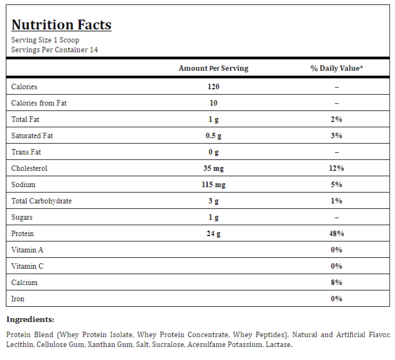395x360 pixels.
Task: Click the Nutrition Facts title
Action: [x=61, y=25]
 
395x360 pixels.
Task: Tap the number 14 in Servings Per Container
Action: [x=94, y=50]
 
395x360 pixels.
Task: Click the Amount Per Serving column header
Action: [x=214, y=68]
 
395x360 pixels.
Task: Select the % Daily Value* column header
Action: [x=337, y=68]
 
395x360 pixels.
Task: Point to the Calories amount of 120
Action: [x=214, y=86]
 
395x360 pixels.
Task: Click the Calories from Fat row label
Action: [x=39, y=103]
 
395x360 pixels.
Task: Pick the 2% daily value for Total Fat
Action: [x=337, y=119]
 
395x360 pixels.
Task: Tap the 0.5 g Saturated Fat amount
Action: [x=214, y=136]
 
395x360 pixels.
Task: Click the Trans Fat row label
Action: [x=26, y=152]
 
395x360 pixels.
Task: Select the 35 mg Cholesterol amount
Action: [x=214, y=169]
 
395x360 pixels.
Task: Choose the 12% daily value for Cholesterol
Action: [x=337, y=168]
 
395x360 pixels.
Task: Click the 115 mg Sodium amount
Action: [x=214, y=185]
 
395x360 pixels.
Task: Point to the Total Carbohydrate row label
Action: [x=41, y=201]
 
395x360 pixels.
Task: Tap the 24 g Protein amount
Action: [x=214, y=234]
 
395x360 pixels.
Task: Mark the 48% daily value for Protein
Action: [x=337, y=234]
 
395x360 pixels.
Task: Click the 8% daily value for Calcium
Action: [x=337, y=282]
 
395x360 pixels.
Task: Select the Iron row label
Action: [x=18, y=299]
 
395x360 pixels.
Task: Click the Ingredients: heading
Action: [x=30, y=320]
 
